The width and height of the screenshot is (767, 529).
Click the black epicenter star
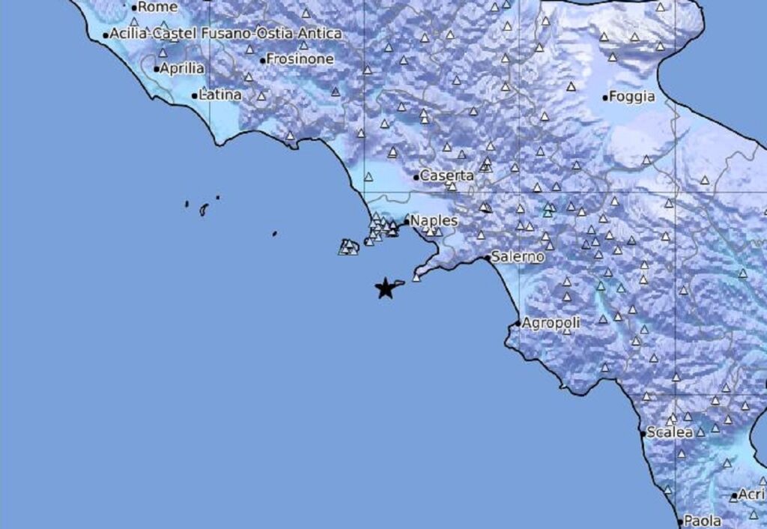(385, 288)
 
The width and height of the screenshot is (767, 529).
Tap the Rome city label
(158, 7)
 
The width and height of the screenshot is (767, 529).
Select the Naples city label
(434, 221)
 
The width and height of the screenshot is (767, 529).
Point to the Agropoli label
(551, 323)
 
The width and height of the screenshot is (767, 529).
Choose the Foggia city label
(632, 97)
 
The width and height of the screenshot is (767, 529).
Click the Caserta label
(447, 176)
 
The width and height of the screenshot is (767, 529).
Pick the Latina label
(220, 95)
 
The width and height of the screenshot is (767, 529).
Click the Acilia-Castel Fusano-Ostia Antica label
(225, 34)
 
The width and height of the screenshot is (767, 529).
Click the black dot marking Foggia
(605, 97)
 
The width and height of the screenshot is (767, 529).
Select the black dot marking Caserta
(416, 178)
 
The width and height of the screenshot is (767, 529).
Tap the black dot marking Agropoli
(518, 324)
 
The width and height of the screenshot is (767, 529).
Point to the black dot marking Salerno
(487, 258)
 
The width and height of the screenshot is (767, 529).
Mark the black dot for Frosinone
(262, 61)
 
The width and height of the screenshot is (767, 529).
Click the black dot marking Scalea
(643, 434)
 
